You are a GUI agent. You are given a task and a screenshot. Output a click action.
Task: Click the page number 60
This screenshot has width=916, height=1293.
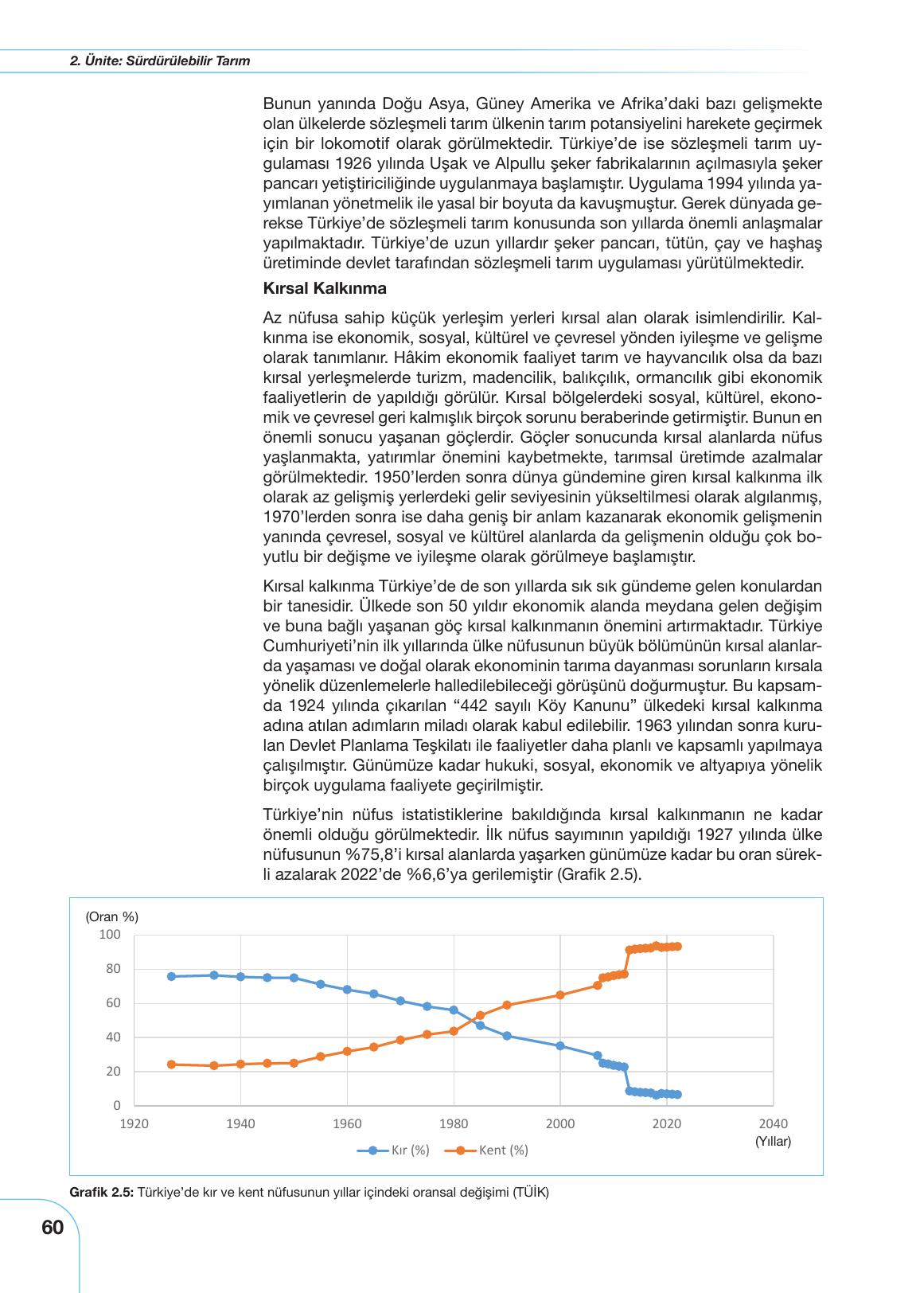pyautogui.click(x=52, y=1228)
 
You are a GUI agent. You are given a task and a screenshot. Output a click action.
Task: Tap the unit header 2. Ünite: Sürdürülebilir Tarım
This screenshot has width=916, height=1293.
pyautogui.click(x=159, y=61)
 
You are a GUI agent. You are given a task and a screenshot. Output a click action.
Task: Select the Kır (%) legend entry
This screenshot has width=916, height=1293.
pyautogui.click(x=394, y=1150)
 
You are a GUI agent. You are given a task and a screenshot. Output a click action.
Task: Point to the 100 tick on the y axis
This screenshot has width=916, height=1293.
pyautogui.click(x=110, y=934)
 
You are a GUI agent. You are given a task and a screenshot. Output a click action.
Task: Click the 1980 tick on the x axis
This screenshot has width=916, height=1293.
pyautogui.click(x=454, y=1123)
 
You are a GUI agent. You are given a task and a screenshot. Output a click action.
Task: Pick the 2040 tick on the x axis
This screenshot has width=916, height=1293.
pyautogui.click(x=773, y=1123)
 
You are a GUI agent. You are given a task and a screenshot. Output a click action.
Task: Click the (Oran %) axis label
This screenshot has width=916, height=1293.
pyautogui.click(x=111, y=916)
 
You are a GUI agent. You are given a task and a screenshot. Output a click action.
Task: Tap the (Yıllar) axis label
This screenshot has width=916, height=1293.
pyautogui.click(x=772, y=1141)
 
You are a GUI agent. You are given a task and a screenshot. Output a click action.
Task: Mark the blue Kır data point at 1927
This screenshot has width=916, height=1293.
pyautogui.click(x=171, y=976)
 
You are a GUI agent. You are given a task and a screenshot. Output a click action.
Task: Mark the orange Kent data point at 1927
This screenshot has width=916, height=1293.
pyautogui.click(x=171, y=1064)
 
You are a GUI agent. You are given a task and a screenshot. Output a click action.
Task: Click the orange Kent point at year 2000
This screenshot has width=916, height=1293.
pyautogui.click(x=560, y=994)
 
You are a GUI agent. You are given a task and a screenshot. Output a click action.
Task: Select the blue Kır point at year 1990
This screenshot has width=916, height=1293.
pyautogui.click(x=507, y=1036)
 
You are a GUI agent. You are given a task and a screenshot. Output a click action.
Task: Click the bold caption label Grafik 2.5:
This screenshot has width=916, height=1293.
pyautogui.click(x=102, y=1192)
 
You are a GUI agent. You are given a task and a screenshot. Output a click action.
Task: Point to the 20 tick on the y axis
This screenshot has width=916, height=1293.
pyautogui.click(x=113, y=1071)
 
